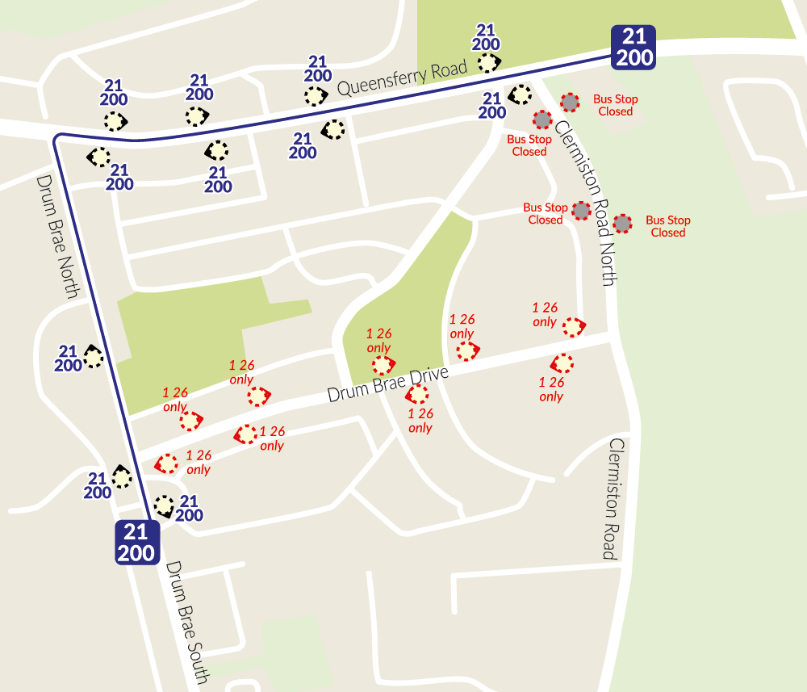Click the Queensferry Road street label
(402, 79)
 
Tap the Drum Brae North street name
(56, 237)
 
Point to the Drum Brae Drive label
(387, 384)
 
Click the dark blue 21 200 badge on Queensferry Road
(633, 46)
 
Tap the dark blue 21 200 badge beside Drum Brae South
(136, 542)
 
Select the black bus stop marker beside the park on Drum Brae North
(94, 357)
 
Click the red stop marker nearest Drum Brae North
(166, 463)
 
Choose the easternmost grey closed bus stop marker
(622, 224)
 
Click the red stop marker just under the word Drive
(416, 394)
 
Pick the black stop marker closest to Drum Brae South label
(164, 506)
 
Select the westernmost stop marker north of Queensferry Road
(115, 121)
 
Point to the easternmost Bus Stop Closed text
(668, 226)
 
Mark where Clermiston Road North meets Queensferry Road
(542, 78)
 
